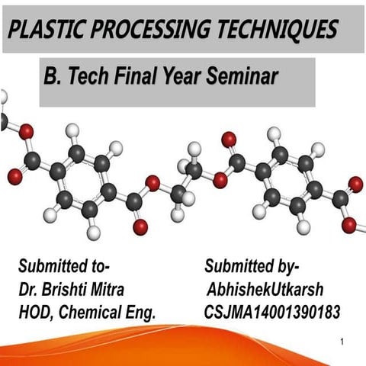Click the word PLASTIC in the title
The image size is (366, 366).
(47, 28)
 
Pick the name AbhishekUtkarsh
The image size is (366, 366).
(258, 290)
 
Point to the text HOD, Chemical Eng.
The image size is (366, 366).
(86, 312)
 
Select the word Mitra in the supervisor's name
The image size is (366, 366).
(106, 290)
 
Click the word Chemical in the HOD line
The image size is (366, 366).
(95, 312)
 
